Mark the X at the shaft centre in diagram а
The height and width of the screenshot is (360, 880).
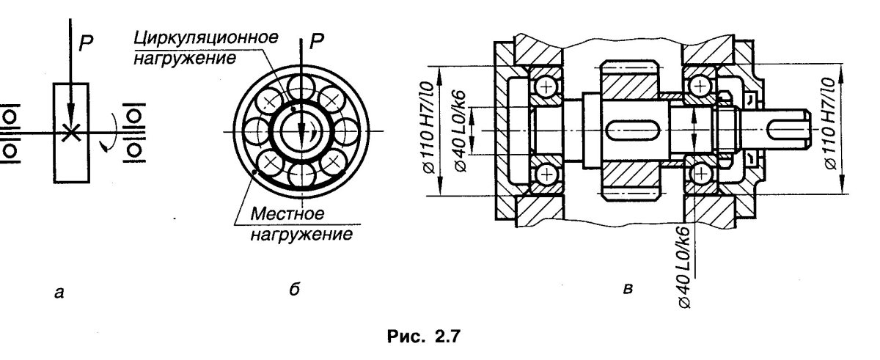(71, 132)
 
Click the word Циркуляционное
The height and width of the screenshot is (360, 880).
(206, 38)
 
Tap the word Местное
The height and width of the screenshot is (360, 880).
(287, 214)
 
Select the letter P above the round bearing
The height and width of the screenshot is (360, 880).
(316, 41)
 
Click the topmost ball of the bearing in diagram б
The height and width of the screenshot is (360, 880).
(301, 87)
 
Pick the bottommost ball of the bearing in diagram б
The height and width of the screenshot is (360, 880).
(301, 175)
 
